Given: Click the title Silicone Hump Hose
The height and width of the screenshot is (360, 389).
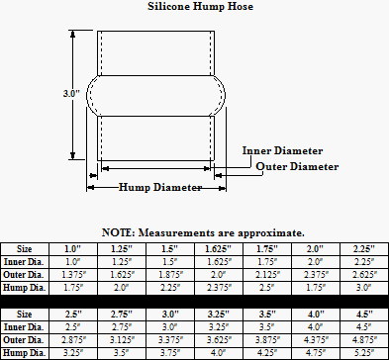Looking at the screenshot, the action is pos(200,6).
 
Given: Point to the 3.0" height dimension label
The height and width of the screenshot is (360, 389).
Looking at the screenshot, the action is pos(71,94).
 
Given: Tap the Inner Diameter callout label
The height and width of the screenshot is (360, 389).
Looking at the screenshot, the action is pos(282,150).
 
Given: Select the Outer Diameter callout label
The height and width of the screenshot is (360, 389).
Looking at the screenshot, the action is pos(297,166).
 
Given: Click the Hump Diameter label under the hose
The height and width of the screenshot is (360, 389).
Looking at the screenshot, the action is pos(160,187).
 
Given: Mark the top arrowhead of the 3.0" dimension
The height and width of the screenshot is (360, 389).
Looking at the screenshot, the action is pos(73,34).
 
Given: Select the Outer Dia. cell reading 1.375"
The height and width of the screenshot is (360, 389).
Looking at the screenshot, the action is pos(73,275).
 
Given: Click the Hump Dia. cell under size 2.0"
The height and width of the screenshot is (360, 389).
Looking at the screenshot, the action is pos(316,288).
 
